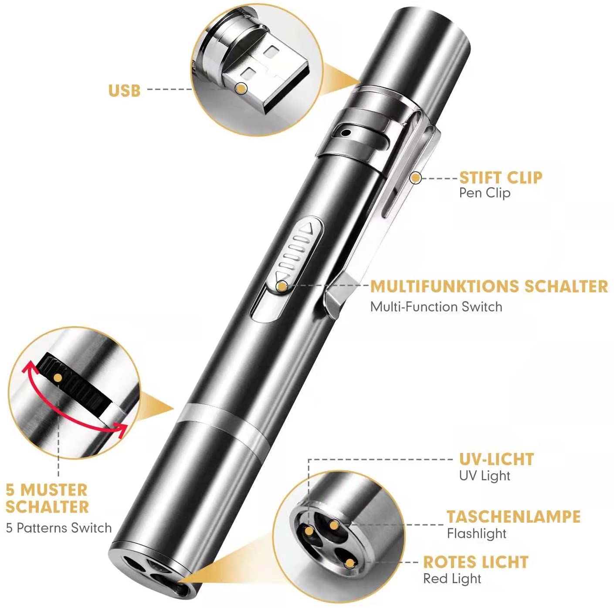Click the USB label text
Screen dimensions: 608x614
point(124,90)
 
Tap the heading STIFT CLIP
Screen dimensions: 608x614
point(501,178)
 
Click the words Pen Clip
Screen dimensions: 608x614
point(484,193)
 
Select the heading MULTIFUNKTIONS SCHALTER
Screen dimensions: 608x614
point(489,287)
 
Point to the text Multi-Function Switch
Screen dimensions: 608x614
point(436,307)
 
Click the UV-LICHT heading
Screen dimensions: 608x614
point(496,459)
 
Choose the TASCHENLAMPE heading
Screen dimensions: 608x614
point(513,517)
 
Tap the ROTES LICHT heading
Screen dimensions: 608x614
point(476,562)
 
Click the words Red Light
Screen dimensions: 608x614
point(452,579)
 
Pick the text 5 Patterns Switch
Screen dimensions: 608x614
point(59,528)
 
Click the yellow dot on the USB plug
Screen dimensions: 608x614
point(241,88)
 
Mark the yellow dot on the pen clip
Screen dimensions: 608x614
point(416,178)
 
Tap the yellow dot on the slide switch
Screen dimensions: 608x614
point(282,286)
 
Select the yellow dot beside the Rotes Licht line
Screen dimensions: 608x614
point(349,564)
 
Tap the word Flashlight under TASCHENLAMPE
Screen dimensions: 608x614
point(476,534)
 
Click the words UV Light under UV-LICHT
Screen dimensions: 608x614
point(484,476)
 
